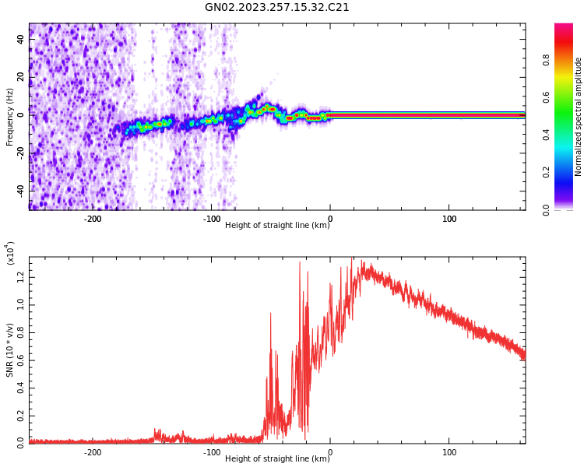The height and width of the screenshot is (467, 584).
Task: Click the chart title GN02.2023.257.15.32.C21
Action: click(276, 8)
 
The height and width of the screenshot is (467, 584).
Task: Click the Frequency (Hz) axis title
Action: click(10, 117)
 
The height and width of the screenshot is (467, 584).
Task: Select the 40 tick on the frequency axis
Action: click(20, 38)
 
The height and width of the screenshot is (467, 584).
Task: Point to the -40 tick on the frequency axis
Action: click(20, 189)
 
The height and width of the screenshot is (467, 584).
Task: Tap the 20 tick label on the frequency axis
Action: click(20, 76)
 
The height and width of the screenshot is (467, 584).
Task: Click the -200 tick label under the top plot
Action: click(92, 219)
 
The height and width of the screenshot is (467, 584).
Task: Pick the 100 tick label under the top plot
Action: click(449, 219)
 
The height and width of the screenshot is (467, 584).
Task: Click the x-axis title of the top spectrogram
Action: click(277, 226)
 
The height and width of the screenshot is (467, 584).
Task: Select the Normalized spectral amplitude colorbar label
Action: click(579, 117)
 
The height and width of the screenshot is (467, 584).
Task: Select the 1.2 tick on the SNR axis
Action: click(20, 274)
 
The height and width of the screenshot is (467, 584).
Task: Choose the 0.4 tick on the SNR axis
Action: click(20, 386)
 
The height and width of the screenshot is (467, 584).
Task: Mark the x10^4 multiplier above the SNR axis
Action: click(10, 253)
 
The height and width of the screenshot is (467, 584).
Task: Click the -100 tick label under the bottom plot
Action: click(211, 452)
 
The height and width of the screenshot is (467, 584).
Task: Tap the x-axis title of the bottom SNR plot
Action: click(277, 459)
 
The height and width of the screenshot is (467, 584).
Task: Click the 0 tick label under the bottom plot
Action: click(330, 452)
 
